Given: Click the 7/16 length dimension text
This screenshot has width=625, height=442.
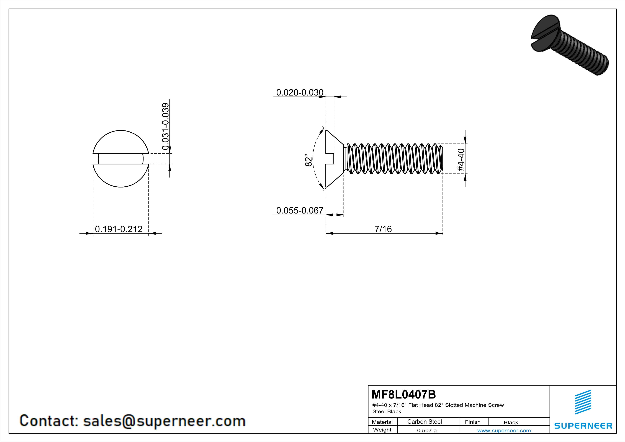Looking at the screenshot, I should [x=383, y=229].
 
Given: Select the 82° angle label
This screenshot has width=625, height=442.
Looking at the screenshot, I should [x=308, y=160].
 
